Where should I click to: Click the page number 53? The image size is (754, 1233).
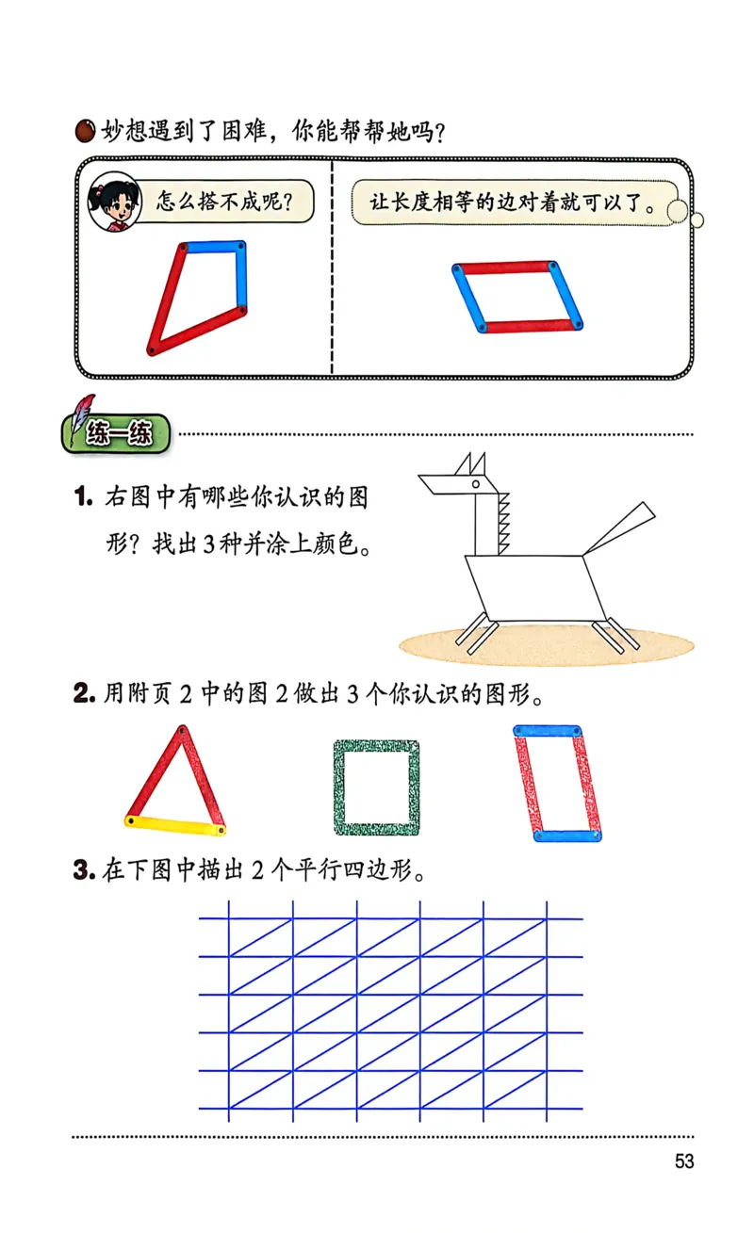tap(683, 1161)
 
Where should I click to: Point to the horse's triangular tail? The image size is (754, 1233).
tap(622, 527)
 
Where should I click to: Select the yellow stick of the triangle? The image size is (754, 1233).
tap(175, 825)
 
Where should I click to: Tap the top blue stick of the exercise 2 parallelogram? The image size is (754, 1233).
tap(547, 731)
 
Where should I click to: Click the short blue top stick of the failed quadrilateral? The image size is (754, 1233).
tap(214, 247)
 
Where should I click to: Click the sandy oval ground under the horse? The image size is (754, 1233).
tap(547, 645)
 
